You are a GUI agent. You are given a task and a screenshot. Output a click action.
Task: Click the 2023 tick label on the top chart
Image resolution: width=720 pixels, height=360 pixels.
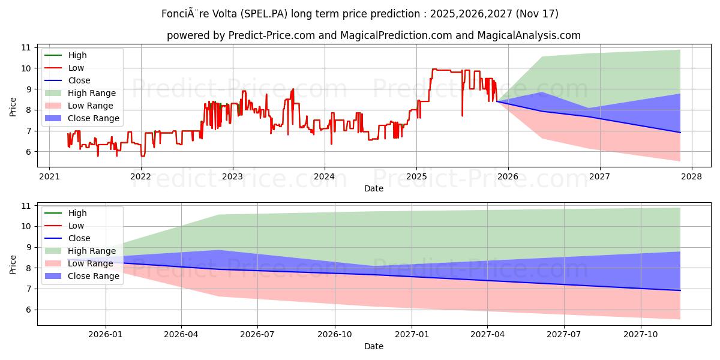[232, 176]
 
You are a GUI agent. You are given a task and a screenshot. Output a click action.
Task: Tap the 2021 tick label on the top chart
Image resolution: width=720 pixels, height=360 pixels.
[49, 176]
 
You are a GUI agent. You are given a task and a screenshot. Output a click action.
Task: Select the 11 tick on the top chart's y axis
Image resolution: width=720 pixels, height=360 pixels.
[26, 47]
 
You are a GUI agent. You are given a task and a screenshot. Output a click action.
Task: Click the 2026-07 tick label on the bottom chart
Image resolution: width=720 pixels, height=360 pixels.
[257, 334]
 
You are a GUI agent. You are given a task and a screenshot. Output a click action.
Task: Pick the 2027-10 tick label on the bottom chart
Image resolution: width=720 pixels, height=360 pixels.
[641, 334]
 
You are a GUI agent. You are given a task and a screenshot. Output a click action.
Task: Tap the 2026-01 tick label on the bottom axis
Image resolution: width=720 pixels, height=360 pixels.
[106, 334]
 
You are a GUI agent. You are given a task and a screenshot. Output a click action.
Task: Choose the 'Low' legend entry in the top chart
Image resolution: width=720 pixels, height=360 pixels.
[76, 68]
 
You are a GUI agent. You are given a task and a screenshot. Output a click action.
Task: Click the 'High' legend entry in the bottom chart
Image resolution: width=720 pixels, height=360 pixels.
[77, 213]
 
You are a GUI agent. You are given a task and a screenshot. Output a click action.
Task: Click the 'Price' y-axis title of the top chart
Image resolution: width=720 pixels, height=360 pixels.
[13, 107]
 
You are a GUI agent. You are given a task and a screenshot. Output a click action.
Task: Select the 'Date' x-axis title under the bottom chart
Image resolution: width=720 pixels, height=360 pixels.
[374, 346]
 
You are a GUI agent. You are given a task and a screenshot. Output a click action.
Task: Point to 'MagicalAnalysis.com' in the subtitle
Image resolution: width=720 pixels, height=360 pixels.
[529, 35]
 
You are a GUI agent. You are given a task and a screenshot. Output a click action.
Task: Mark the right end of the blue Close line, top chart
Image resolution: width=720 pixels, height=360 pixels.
[680, 133]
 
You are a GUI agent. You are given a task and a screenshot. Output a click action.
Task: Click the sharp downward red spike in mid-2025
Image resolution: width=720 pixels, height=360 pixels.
[462, 115]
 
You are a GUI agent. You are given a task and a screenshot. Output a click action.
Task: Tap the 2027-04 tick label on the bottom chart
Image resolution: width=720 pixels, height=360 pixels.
[487, 334]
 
